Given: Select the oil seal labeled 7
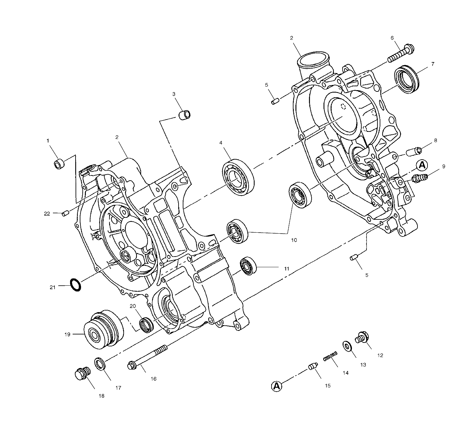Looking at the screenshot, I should click(406, 79).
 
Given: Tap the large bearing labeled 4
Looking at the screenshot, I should click(238, 177).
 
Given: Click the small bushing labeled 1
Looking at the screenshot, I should click(59, 164).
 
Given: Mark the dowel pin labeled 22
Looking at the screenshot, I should click(66, 213).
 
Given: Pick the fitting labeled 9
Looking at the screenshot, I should click(419, 178).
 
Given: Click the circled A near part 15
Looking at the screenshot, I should click(276, 386).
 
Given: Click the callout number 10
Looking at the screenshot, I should click(294, 240).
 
